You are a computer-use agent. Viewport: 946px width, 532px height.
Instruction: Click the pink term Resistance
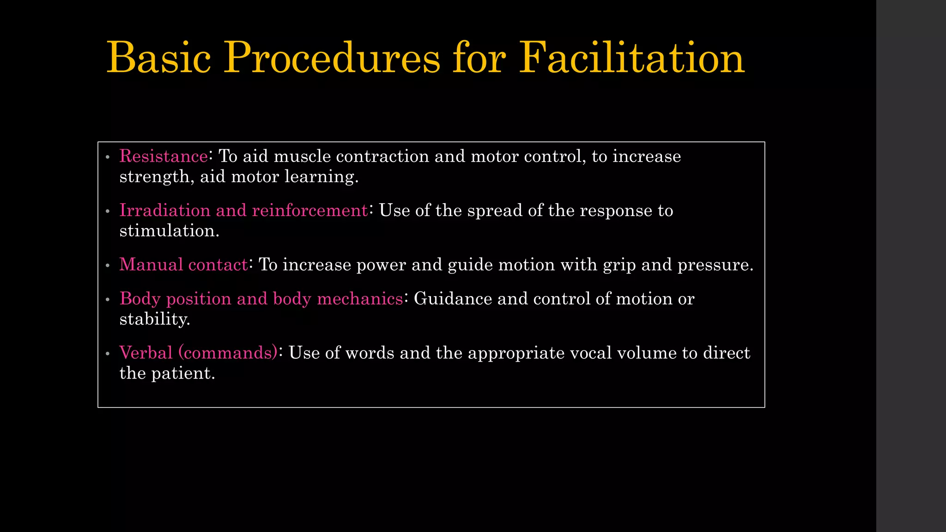coord(164,156)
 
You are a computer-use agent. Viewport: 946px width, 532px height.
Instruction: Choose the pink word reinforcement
coord(310,210)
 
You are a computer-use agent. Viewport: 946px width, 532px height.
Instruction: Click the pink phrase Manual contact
coord(184,264)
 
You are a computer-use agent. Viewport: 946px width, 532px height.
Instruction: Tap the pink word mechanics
coord(360,299)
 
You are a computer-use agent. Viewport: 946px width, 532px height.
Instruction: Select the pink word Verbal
coord(146,353)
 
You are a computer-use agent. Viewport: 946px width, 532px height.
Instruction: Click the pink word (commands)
coord(228,353)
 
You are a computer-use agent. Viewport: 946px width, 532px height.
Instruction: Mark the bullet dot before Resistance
coord(108,157)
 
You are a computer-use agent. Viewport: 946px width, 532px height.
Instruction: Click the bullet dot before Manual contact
coord(108,266)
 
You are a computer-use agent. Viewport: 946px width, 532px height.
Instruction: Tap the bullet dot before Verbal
coord(108,354)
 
